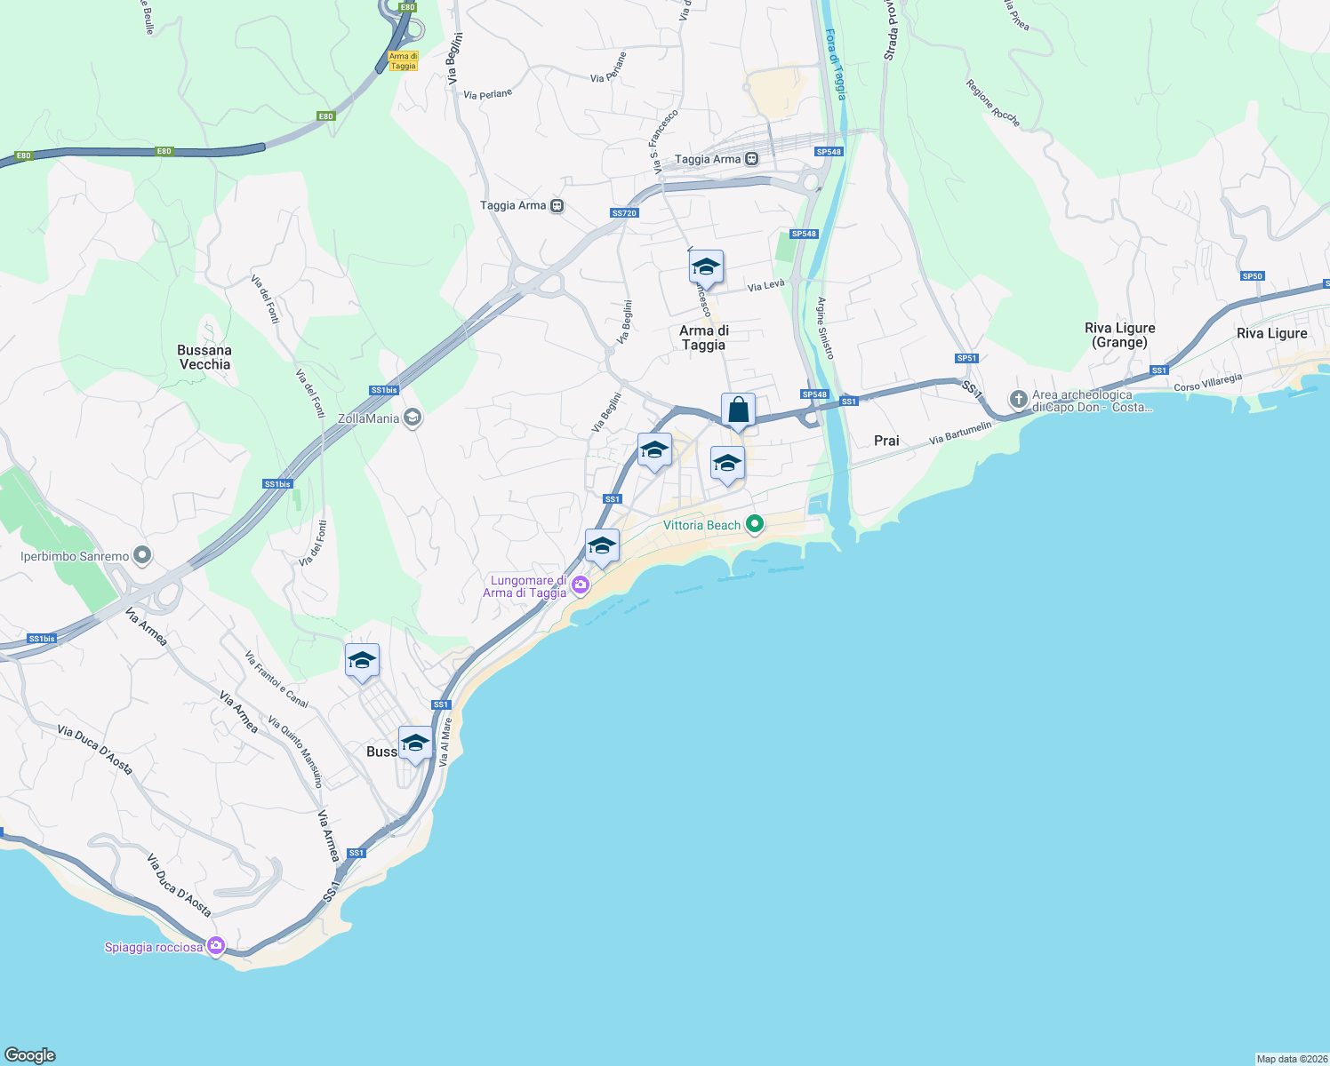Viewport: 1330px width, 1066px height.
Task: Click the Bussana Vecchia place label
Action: point(204,357)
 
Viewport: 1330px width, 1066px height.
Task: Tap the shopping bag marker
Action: point(738,410)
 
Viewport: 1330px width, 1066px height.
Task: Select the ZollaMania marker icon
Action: point(412,418)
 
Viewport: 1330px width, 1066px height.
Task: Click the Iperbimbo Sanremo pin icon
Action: point(142,556)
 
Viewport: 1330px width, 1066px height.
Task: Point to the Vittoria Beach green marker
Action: point(755,524)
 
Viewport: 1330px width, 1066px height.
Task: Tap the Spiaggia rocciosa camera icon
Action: point(214,946)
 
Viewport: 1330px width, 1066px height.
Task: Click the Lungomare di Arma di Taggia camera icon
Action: point(580,584)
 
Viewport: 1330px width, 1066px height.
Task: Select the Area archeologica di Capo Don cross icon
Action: point(1018,399)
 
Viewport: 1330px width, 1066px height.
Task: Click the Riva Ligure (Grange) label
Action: point(1119,335)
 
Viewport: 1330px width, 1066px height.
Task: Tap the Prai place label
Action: point(886,441)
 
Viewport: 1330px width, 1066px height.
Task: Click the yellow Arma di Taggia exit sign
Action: point(403,61)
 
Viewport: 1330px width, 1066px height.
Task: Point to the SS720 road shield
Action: point(624,213)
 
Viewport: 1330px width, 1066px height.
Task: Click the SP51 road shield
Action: point(966,358)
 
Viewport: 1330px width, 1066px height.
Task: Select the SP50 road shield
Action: point(1252,276)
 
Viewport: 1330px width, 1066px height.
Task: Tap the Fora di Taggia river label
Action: point(835,64)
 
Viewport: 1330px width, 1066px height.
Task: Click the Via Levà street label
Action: point(765,285)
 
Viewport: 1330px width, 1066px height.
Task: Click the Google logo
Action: point(30,1055)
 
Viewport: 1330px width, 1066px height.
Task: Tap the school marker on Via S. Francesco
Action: point(706,266)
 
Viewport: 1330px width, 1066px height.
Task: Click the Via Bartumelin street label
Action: point(959,434)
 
